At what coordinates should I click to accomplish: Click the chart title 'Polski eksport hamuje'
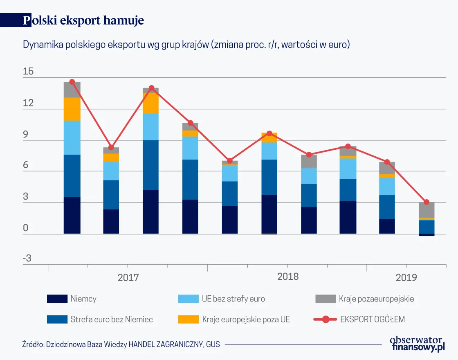[x=83, y=20]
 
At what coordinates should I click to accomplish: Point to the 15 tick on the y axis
[x=28, y=72]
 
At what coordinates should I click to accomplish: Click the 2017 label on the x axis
[x=128, y=278]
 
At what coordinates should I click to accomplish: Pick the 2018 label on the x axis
[x=288, y=277]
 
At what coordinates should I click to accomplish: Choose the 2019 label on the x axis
[x=406, y=278]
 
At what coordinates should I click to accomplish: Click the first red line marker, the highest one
[x=72, y=82]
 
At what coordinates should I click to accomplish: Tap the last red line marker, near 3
[x=427, y=202]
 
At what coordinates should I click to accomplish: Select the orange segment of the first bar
[x=72, y=109]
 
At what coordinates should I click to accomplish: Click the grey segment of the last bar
[x=427, y=210]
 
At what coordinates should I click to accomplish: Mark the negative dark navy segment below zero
[x=427, y=235]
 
